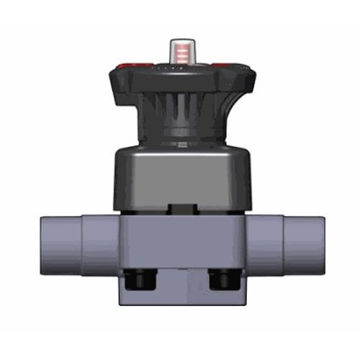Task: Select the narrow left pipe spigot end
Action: [58, 245]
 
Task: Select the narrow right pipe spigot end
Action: [302, 245]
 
